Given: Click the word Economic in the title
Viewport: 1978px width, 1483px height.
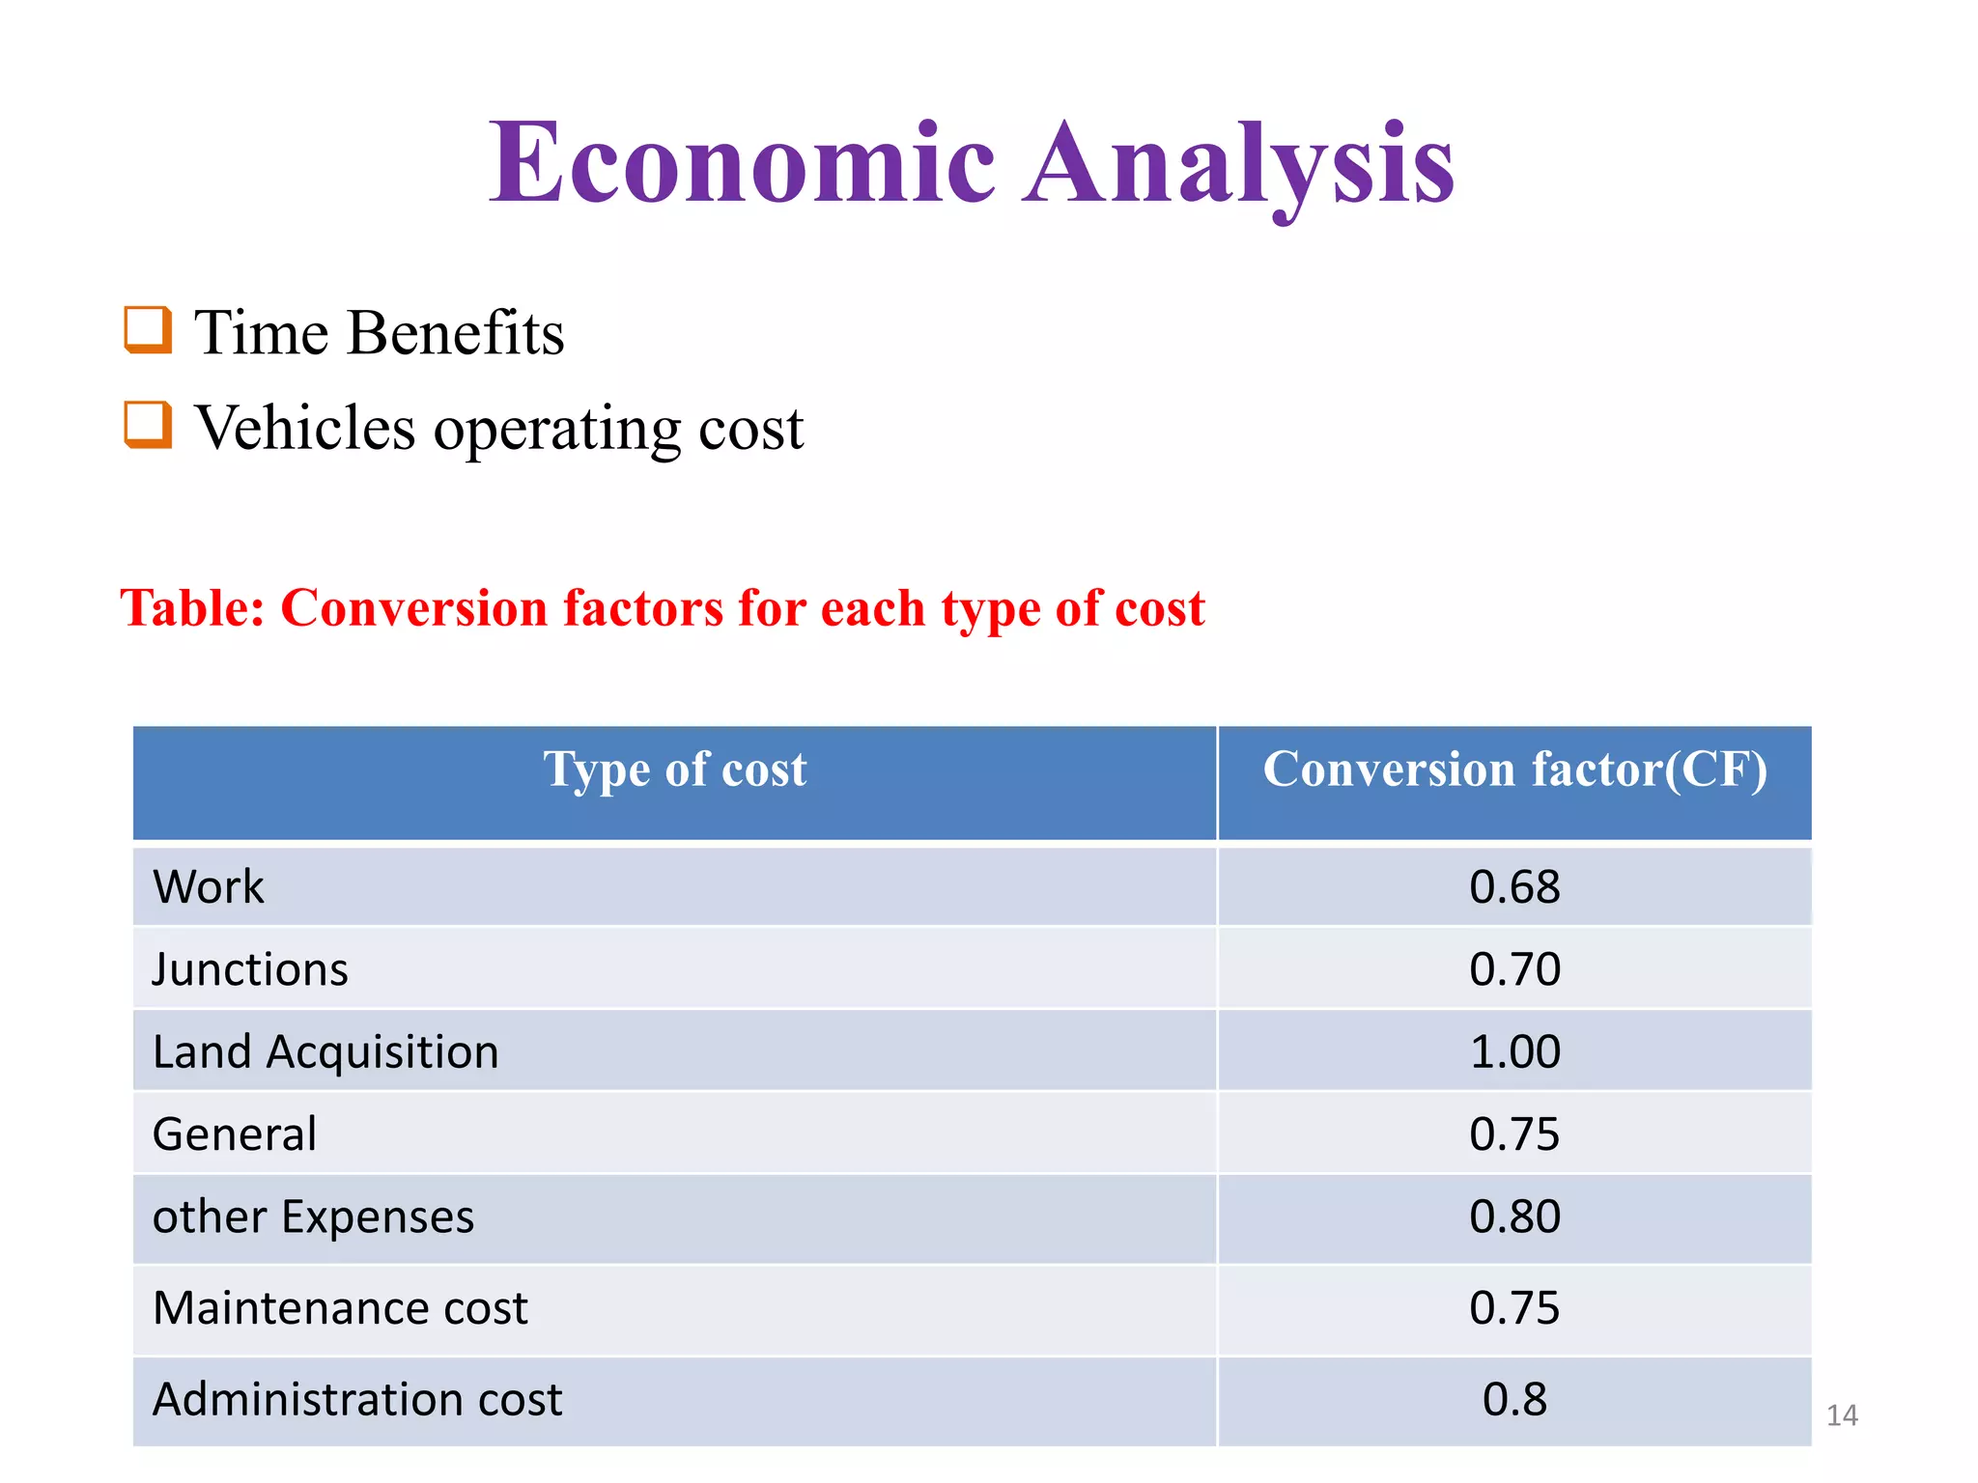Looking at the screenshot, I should [x=742, y=162].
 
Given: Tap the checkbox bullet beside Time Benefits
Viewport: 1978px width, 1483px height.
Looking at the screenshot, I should [x=149, y=330].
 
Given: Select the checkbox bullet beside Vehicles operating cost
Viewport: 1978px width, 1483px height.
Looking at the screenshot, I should [x=149, y=425].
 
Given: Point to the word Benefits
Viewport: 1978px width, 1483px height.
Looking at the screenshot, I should [x=456, y=332].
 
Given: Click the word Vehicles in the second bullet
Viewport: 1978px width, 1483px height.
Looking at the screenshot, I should [x=305, y=427].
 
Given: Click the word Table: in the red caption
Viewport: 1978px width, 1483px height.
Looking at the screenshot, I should [x=192, y=608].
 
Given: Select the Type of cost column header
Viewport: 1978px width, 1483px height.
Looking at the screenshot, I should [x=674, y=769].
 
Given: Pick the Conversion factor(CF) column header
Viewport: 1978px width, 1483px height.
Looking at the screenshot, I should [x=1514, y=769].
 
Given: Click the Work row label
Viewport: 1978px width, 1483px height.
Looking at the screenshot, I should [x=209, y=886].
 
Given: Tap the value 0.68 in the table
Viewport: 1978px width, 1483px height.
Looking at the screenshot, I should [x=1514, y=886].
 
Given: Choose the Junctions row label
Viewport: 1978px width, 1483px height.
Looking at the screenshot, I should [x=250, y=968].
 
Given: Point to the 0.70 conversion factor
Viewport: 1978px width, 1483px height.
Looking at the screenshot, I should [x=1514, y=968].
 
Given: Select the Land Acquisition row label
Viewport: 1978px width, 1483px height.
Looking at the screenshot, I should [x=325, y=1051].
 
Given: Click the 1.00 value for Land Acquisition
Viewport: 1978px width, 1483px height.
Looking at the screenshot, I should [x=1514, y=1051].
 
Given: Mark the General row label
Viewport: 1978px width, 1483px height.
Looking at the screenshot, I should [x=235, y=1133].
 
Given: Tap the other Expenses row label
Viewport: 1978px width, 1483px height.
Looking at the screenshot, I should [x=314, y=1217].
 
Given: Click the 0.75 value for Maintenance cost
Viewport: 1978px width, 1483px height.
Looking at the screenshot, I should [x=1514, y=1308].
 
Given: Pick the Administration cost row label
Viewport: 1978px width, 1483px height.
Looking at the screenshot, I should [x=357, y=1399].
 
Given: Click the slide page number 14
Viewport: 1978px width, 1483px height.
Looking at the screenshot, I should [x=1842, y=1415].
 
